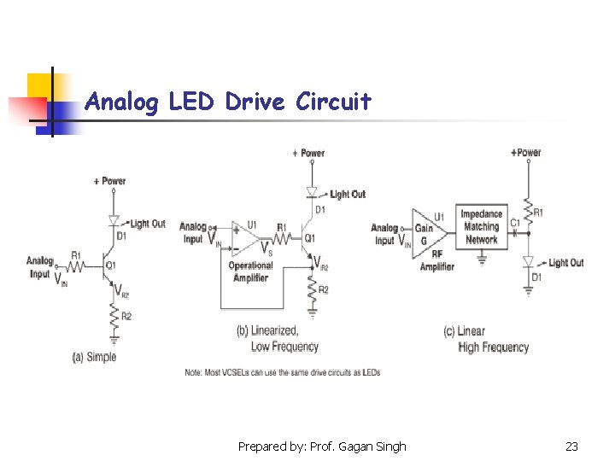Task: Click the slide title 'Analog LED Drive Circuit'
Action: tap(228, 102)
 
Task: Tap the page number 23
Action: tap(571, 446)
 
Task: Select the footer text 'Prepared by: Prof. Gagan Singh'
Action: tap(322, 446)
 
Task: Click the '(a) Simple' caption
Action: tap(94, 357)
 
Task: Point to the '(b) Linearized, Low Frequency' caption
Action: tap(277, 338)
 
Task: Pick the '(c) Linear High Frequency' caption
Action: tap(487, 339)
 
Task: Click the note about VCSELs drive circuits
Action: tap(282, 372)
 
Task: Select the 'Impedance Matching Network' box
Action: tap(481, 227)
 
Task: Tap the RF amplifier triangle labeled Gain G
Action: tap(427, 229)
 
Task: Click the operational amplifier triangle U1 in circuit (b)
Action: tap(245, 237)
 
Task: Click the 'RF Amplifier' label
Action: tap(436, 260)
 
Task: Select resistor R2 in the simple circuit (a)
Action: tap(113, 319)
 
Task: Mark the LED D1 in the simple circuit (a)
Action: tap(113, 220)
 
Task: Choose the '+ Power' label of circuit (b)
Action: tap(308, 154)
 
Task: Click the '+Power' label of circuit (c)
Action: tap(525, 153)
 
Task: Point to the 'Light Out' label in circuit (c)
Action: tap(565, 263)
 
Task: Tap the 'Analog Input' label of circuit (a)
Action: tap(39, 267)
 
